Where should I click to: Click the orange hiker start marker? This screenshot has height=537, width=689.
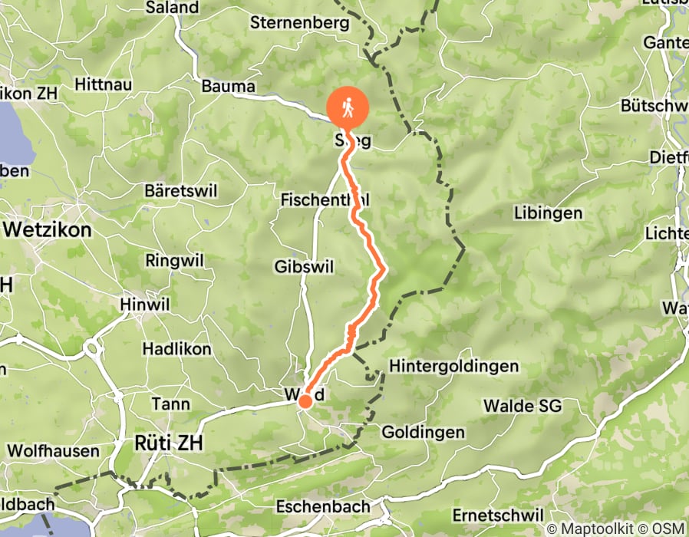click(x=348, y=109)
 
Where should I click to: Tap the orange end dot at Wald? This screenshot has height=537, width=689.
click(x=305, y=400)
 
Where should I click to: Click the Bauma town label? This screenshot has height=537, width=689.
click(x=228, y=87)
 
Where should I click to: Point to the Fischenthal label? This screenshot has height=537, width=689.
click(x=325, y=199)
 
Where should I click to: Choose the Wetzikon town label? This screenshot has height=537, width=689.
click(x=48, y=229)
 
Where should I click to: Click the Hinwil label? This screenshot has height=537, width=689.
click(x=144, y=305)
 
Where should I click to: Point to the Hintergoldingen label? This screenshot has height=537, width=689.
click(x=454, y=366)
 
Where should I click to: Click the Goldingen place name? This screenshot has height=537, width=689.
click(x=423, y=432)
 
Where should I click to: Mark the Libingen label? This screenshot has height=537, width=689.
click(x=549, y=212)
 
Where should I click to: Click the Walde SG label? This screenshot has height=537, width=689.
click(x=523, y=405)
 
